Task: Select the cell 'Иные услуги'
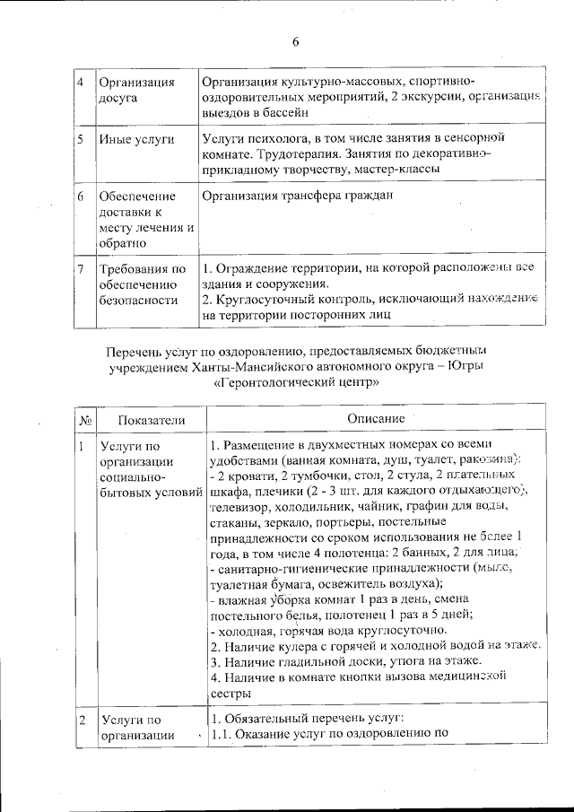click(x=136, y=140)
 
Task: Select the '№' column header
click(x=82, y=419)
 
